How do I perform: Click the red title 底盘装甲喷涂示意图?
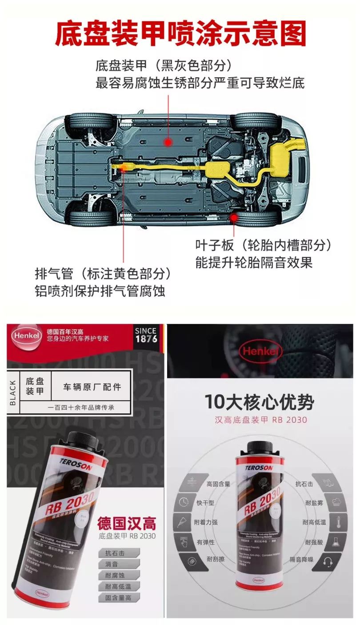[180, 34]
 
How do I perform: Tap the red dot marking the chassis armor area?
[168, 142]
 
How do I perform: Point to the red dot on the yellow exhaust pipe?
[124, 167]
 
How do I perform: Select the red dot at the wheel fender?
[233, 216]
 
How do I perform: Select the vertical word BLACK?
[13, 393]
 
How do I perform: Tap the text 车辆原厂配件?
[92, 386]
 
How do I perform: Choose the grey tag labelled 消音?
[112, 564]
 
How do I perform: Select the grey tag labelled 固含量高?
[118, 597]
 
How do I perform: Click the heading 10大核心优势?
[259, 402]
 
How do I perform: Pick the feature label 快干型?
[205, 503]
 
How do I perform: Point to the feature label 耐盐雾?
[310, 503]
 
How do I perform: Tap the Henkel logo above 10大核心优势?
[260, 352]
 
